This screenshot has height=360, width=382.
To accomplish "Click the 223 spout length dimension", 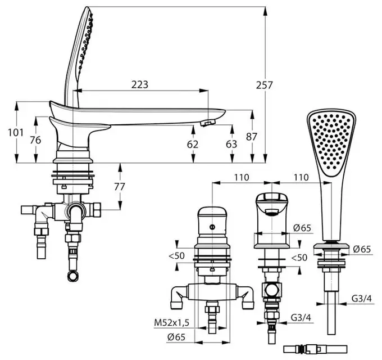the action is pos(139,84).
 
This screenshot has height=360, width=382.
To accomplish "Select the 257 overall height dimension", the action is pos(265,85).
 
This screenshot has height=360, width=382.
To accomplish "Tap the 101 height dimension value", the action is pos(16,133).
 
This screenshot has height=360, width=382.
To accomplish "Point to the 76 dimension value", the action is pos(35,140).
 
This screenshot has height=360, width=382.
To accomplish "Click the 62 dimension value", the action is pos(193,145).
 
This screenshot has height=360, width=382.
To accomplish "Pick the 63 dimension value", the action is pos(231,144).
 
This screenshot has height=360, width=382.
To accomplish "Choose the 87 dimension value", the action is pos(252,137).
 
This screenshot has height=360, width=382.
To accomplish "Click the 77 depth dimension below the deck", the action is pos(119,187).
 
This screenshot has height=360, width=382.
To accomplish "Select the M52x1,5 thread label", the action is pos(171,323).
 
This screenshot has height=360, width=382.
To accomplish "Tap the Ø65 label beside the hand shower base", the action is pos(362,249).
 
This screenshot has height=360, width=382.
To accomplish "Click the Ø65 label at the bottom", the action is pos(176,337).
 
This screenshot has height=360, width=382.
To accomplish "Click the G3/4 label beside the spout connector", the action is pos(301,318).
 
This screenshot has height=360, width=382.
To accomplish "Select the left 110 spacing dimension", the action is pos(242,177).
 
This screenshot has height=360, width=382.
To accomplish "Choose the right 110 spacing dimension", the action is pos(301,177).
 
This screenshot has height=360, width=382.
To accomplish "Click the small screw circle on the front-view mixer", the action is pos(212,227).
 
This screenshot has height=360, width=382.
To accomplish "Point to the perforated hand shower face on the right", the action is pos(331,141).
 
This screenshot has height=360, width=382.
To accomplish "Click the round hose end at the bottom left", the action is pos(74,276).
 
